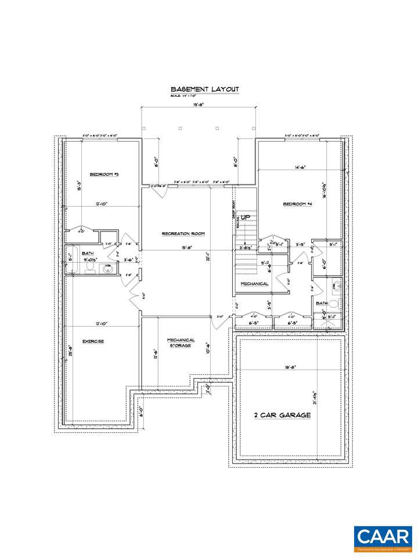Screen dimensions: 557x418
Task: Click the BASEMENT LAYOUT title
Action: [204, 89]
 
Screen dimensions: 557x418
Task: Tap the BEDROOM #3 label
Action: [104, 174]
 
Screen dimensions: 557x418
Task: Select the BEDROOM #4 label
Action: [298, 204]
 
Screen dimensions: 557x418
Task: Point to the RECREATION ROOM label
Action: [183, 234]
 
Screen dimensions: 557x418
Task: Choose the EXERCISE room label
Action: [93, 342]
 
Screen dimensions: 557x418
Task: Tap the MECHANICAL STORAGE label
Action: [181, 343]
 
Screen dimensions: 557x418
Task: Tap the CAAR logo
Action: [383, 539]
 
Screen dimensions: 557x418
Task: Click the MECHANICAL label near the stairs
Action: [255, 284]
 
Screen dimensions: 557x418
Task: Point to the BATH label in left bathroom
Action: [88, 253]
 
